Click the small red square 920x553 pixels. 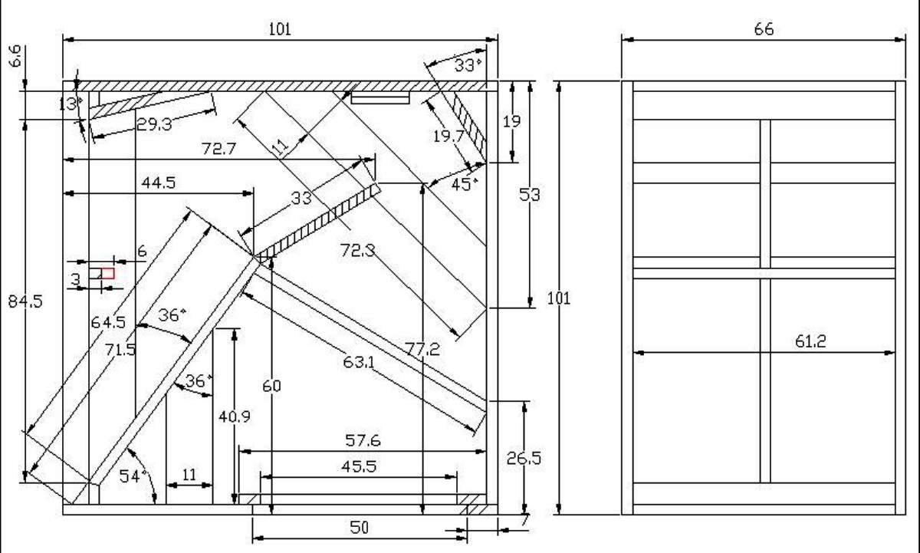click(x=108, y=273)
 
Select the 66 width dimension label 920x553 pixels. click(x=764, y=29)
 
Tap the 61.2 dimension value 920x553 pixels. click(x=810, y=341)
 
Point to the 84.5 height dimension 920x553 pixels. click(x=25, y=301)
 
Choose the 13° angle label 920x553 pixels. click(x=71, y=104)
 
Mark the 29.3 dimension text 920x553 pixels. click(x=154, y=124)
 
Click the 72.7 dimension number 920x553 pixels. click(x=219, y=148)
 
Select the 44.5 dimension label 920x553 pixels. click(x=159, y=183)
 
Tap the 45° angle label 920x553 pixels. click(x=465, y=185)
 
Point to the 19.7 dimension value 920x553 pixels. click(x=449, y=136)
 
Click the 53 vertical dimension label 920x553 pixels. click(x=529, y=194)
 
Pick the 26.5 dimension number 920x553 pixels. click(x=524, y=458)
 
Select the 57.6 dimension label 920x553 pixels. click(x=363, y=440)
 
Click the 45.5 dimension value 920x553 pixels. click(x=359, y=467)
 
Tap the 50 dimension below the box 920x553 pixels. click(x=360, y=527)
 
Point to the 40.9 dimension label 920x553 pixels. click(x=234, y=416)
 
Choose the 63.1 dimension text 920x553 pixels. click(x=359, y=362)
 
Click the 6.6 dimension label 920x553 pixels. click(x=15, y=56)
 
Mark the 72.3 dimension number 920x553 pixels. click(x=358, y=250)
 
